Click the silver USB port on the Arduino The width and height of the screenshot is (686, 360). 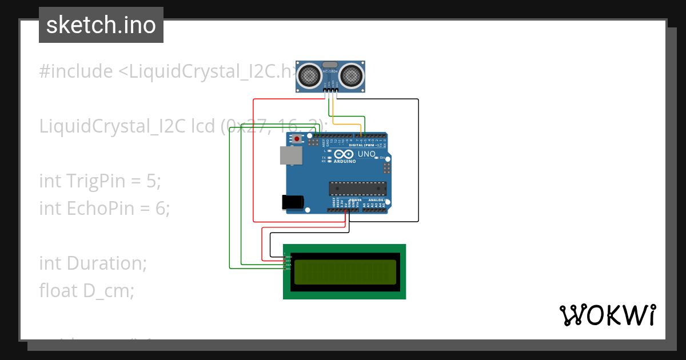(x=291, y=155)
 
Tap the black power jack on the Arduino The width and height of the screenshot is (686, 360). (x=293, y=202)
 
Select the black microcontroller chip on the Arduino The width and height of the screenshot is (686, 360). (x=357, y=189)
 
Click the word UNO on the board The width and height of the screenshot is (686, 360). (x=366, y=154)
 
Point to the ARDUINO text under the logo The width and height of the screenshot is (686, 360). (x=345, y=162)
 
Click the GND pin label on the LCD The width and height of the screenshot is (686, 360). (x=288, y=257)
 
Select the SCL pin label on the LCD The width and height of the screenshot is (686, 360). (x=288, y=268)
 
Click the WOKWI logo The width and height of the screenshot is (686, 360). (x=607, y=315)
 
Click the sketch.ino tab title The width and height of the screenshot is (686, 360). (x=101, y=25)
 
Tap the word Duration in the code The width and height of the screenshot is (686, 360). (x=107, y=263)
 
